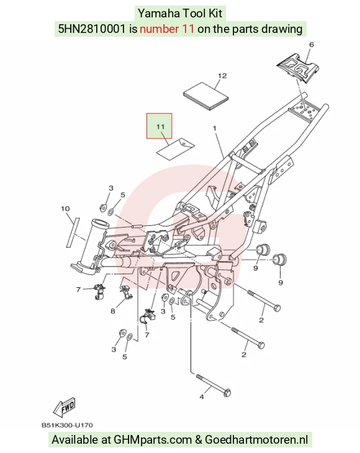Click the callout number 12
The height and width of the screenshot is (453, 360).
(x=222, y=76)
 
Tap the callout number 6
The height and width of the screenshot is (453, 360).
(x=311, y=45)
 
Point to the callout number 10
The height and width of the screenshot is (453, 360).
(x=65, y=209)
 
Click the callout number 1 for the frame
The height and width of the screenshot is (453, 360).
(x=215, y=128)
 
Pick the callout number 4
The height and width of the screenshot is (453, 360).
(x=202, y=397)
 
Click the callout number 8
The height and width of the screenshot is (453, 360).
(x=113, y=311)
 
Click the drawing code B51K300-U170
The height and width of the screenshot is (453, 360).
(x=67, y=425)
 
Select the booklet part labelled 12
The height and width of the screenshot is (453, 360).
(x=206, y=96)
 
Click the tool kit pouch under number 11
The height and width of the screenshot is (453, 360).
(x=176, y=148)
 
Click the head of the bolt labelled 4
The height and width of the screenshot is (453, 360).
(x=227, y=392)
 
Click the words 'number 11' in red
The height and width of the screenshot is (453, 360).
(x=167, y=29)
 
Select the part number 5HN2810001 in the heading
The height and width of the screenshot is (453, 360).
(x=92, y=29)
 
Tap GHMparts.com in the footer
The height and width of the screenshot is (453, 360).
(x=153, y=440)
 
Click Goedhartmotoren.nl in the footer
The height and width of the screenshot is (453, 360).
(x=256, y=440)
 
